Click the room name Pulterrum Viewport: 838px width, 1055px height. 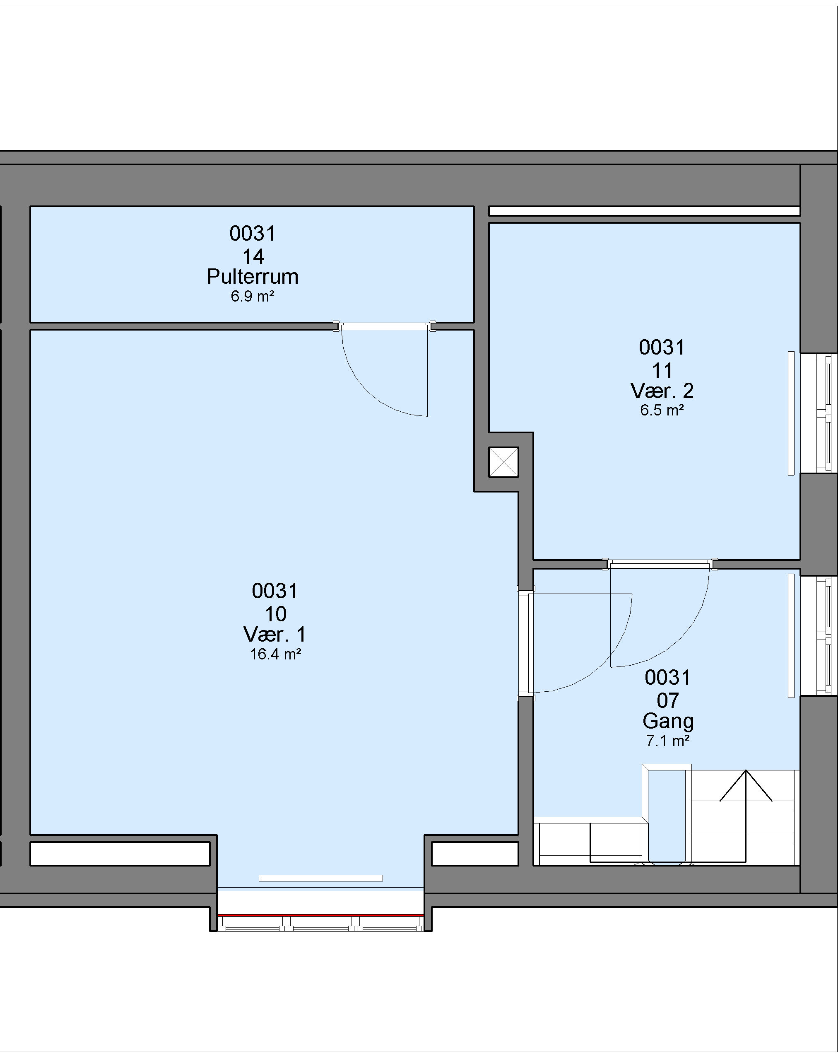(x=253, y=277)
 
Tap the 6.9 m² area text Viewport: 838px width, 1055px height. (x=253, y=297)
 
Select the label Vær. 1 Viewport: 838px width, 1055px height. (x=275, y=635)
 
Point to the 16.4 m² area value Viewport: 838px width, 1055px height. (x=275, y=654)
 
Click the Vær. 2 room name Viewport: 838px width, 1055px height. (x=662, y=391)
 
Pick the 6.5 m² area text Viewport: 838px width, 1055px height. (x=662, y=410)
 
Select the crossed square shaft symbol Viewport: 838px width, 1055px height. (x=503, y=462)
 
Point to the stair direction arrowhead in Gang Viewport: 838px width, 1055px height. (x=746, y=786)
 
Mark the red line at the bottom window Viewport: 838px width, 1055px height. (x=320, y=915)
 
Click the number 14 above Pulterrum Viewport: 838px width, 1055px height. (x=253, y=256)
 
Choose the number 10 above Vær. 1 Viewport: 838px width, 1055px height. (x=275, y=613)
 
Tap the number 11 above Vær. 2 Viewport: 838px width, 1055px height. (x=662, y=371)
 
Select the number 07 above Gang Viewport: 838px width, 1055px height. (x=668, y=701)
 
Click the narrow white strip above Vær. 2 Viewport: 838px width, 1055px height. (x=644, y=211)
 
